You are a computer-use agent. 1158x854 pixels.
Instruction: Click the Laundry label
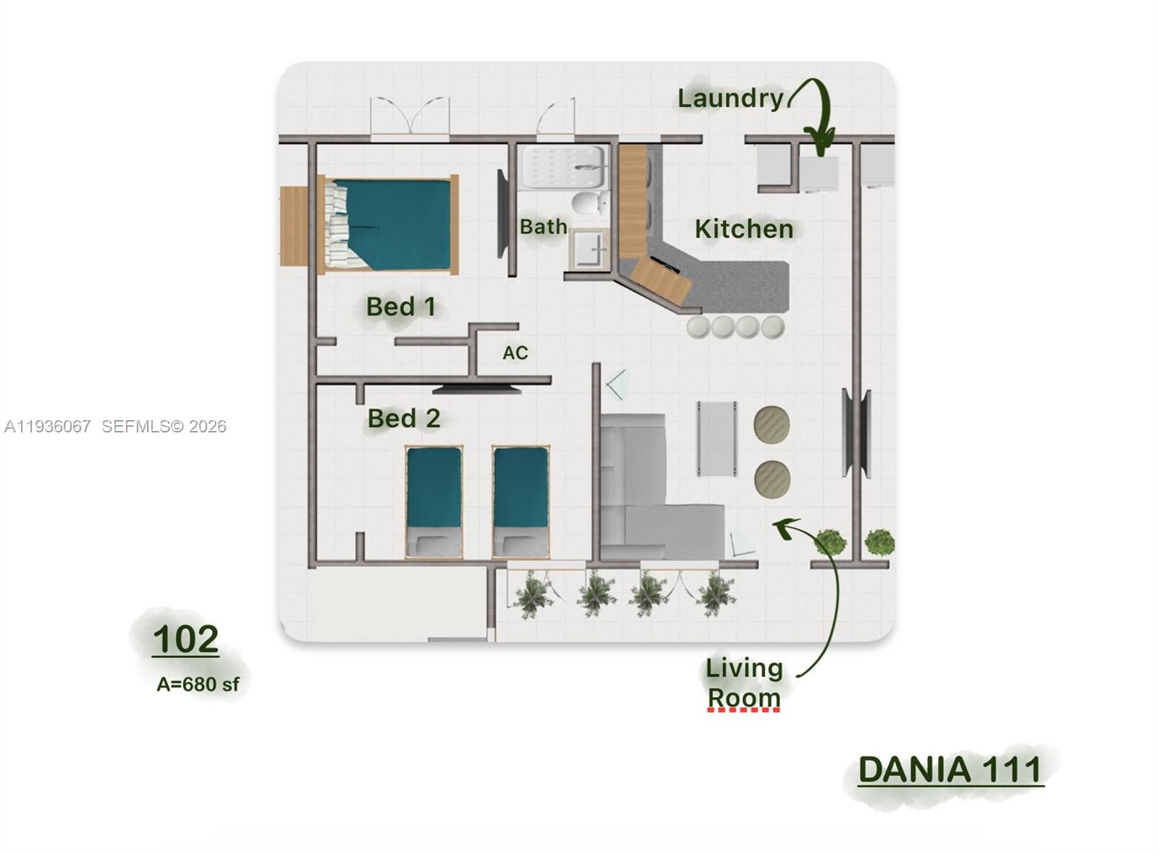coord(730,98)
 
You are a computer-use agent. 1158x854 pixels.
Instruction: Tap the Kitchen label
coord(743,229)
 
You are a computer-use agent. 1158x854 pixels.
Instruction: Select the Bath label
coord(543,226)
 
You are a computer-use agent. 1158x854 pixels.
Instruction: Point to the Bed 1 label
coord(400,307)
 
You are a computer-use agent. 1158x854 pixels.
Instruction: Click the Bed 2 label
coord(403,418)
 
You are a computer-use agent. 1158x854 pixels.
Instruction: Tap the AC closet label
coord(515,353)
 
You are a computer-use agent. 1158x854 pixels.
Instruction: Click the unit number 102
coord(185,639)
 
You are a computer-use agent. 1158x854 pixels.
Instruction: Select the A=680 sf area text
coord(198,684)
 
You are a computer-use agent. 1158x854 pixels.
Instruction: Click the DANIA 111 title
coord(950,769)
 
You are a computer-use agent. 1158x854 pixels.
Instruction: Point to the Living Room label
coord(744,683)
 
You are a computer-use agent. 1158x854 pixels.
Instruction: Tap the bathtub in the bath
coord(564,168)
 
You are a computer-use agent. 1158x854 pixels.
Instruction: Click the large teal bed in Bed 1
coord(389,224)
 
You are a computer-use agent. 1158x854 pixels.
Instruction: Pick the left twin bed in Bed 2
coord(434,502)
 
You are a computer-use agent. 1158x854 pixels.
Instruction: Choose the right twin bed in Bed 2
coord(520,502)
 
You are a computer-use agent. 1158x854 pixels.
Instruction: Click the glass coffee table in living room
coord(717,438)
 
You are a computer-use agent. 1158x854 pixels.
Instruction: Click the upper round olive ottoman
coord(772,424)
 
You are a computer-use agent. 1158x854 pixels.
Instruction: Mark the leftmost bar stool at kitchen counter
coord(699,328)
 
